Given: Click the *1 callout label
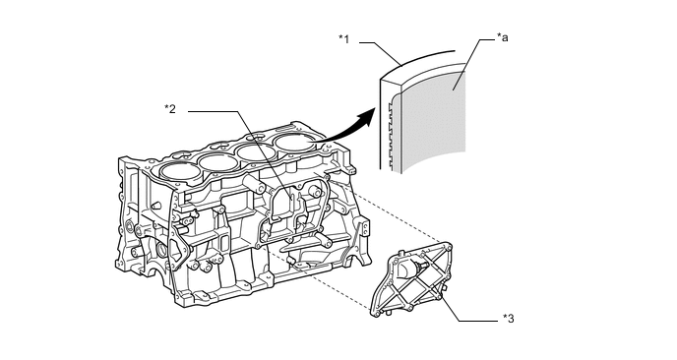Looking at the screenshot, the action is tap(343, 38).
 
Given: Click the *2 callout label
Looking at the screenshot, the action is tap(170, 109).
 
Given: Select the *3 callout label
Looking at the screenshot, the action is tap(508, 319).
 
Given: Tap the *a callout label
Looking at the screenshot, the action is tap(502, 37).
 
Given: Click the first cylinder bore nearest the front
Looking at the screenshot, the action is tap(180, 171).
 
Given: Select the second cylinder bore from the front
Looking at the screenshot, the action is tap(218, 162).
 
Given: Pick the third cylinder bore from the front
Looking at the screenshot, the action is tap(258, 152).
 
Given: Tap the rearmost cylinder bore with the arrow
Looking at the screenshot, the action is tap(296, 143).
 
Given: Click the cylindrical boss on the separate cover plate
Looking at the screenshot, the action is tap(409, 269).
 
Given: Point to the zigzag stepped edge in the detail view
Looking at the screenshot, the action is tap(392, 135).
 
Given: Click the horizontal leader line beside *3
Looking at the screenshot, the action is tap(478, 321).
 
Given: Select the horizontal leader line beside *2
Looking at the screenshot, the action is tap(213, 111).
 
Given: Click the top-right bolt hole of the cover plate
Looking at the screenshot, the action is tap(449, 247).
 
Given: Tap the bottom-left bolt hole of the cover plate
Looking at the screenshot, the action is tap(377, 313).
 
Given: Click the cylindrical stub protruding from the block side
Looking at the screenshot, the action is tap(255, 183).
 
